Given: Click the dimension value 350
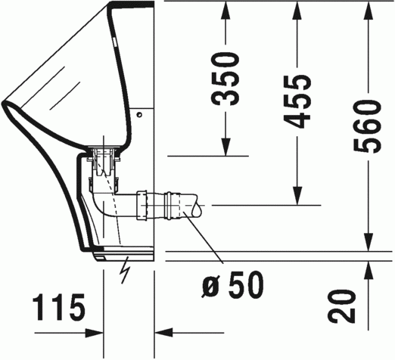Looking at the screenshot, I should click(225, 78).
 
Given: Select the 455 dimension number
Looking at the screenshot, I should click(298, 101).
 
